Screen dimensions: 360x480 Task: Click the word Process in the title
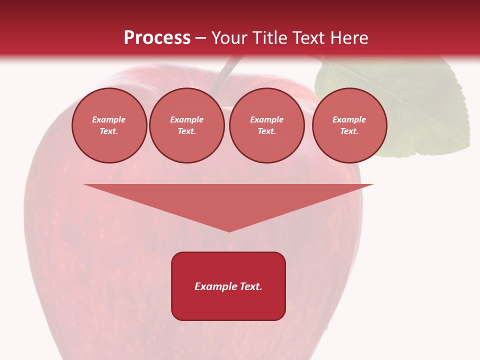[157, 38]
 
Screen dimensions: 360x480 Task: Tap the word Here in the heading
[348, 38]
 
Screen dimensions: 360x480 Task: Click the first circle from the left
[109, 125]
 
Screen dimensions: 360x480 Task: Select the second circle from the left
[186, 125]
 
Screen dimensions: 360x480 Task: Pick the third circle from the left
[266, 125]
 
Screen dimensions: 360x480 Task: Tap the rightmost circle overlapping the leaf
[349, 125]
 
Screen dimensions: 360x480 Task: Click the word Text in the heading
[308, 38]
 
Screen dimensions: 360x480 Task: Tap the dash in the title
[200, 38]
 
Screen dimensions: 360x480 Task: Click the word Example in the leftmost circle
[109, 119]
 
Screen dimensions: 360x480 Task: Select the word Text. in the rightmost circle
[349, 131]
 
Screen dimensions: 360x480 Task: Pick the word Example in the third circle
[266, 119]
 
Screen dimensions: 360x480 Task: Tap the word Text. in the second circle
[186, 131]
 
